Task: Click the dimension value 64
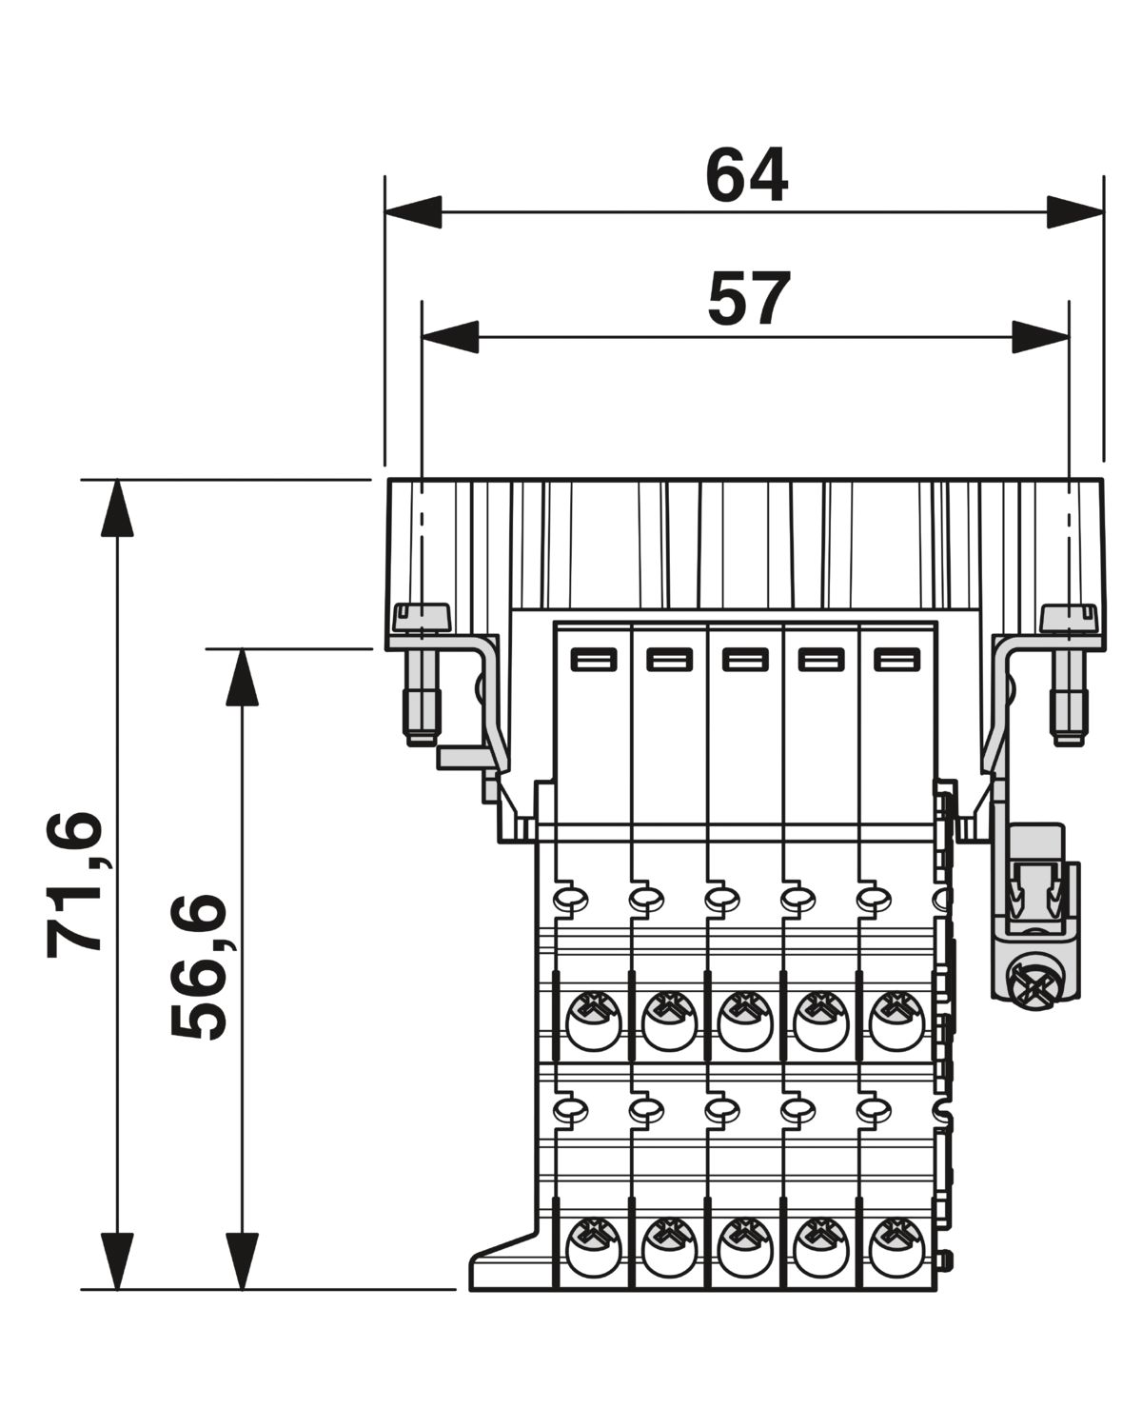click(x=746, y=175)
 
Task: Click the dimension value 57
click(x=749, y=299)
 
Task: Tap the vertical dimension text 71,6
click(x=75, y=885)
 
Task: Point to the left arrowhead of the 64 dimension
click(x=413, y=212)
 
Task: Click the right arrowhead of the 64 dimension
click(x=1075, y=212)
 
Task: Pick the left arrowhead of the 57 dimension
click(x=450, y=337)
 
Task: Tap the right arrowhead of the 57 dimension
click(x=1040, y=337)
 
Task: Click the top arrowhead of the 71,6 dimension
click(x=117, y=507)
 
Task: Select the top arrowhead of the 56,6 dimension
click(x=243, y=677)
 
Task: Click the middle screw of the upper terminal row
click(x=745, y=1029)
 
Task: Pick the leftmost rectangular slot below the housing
click(x=594, y=661)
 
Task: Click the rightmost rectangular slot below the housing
click(x=897, y=661)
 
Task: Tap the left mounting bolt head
click(x=422, y=617)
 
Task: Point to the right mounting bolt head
click(x=1069, y=617)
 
